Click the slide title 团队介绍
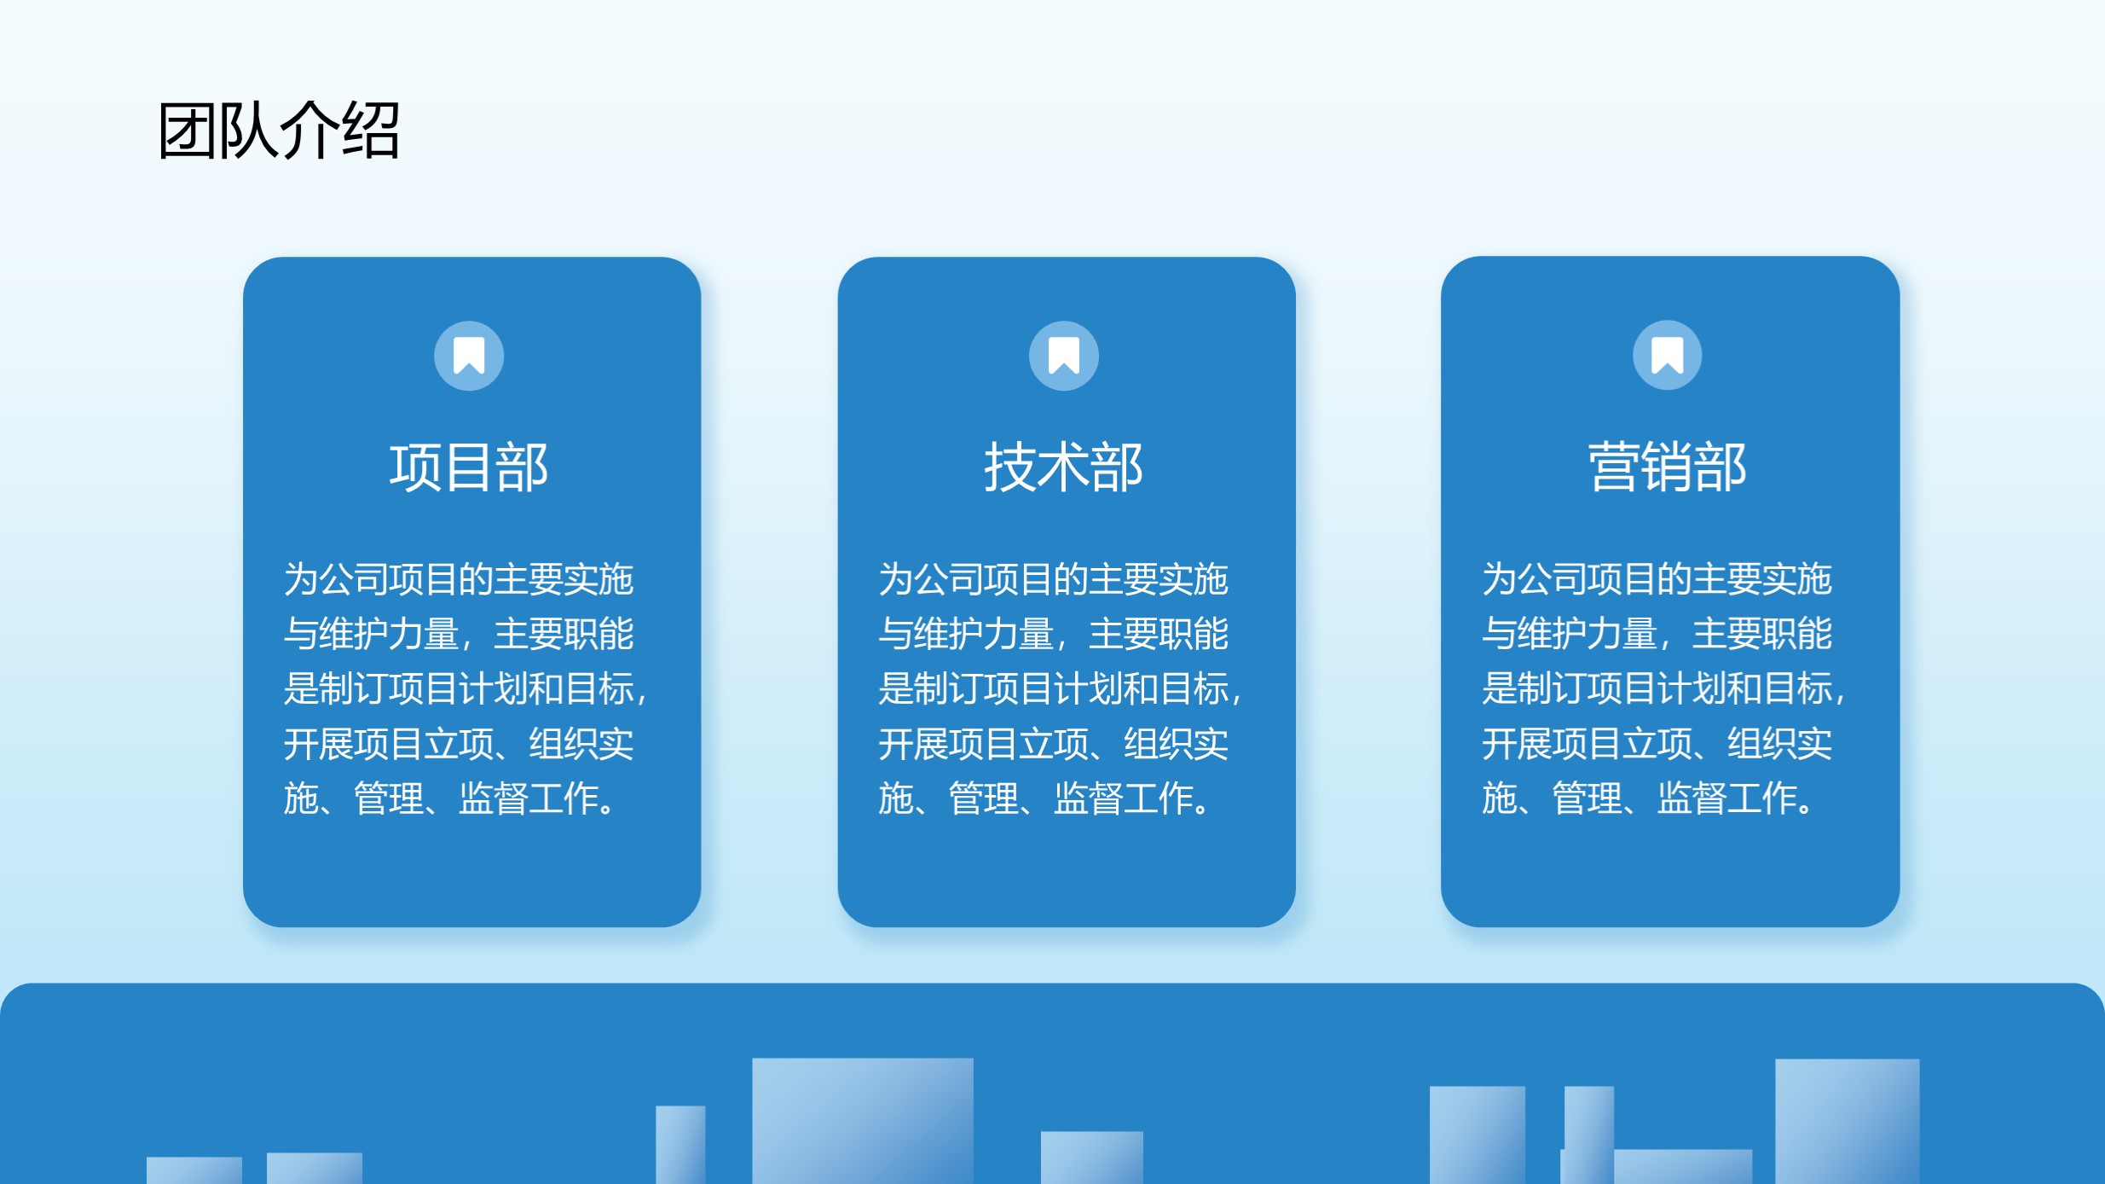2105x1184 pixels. coord(279,130)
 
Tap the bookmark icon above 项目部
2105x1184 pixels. coord(469,356)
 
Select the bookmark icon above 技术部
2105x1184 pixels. coord(1063,356)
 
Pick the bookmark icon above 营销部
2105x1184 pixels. coord(1667,355)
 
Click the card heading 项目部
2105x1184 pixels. coord(469,467)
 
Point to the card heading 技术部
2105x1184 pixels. coord(1063,467)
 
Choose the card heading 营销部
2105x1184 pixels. coord(1667,467)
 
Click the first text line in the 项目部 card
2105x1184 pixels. coord(459,579)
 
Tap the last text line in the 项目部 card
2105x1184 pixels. coord(449,798)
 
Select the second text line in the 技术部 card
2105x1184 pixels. coord(1053,634)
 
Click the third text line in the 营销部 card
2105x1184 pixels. coord(1663,688)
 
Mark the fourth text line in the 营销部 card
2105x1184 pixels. coord(1657,743)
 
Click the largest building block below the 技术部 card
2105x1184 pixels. coord(863,1121)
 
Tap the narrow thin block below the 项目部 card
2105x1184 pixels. coord(680,1145)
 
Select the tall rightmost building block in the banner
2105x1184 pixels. coord(1848,1121)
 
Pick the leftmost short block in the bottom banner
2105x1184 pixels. coord(194,1170)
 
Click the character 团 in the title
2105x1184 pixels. coord(187,130)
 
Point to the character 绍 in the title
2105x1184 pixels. coord(371,130)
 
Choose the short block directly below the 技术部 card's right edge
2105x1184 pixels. coord(1092,1158)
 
